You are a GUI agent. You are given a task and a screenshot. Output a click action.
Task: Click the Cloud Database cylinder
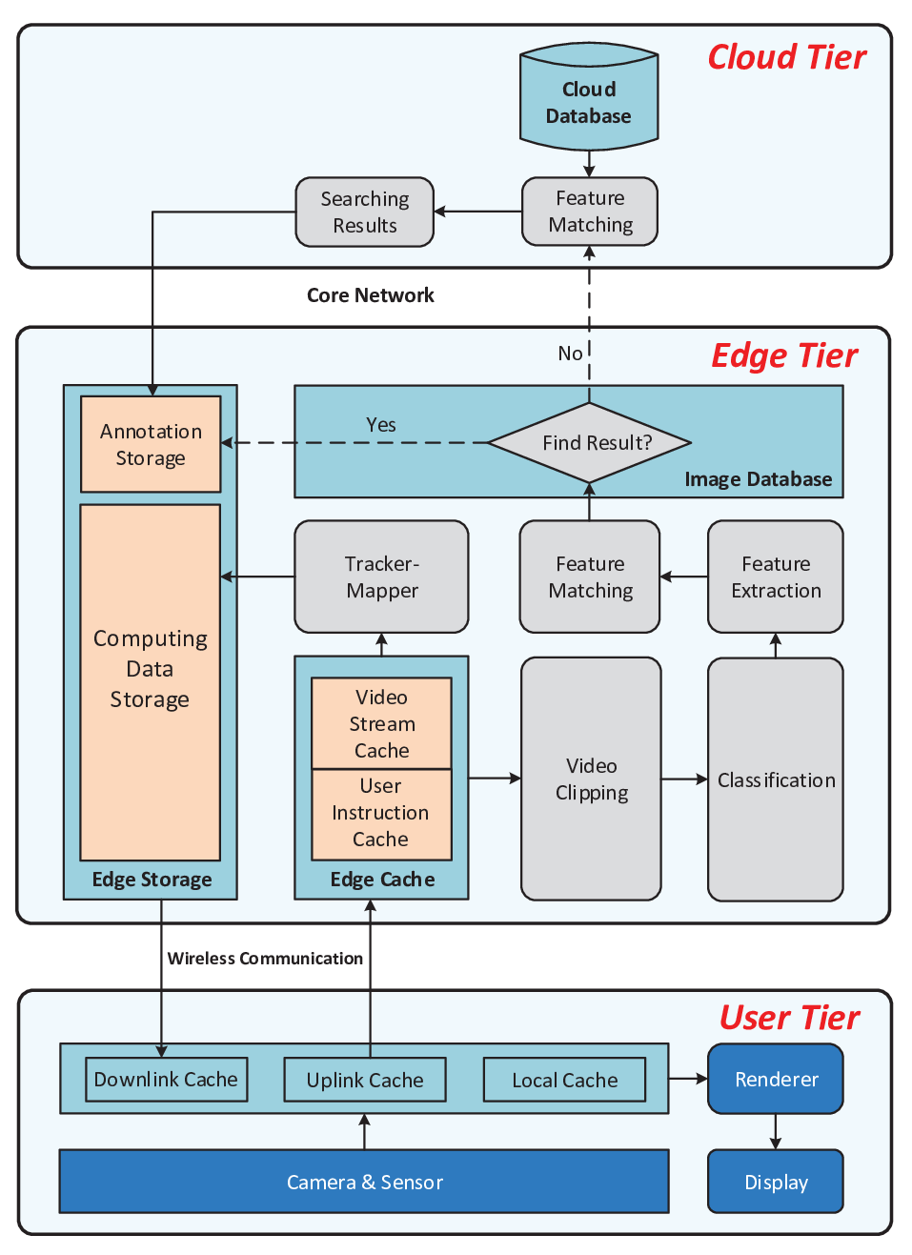(589, 96)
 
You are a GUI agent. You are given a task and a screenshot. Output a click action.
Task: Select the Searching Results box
(365, 212)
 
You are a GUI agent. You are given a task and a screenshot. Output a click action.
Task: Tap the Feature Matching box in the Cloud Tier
(589, 212)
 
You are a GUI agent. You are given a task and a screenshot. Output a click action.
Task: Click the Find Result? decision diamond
(589, 442)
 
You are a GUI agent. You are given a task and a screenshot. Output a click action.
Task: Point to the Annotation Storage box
(151, 444)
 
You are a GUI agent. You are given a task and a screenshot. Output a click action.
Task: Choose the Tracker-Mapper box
(381, 577)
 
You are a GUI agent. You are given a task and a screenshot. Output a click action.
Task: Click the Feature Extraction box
(776, 577)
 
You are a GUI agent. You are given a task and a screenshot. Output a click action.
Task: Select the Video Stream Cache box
(381, 723)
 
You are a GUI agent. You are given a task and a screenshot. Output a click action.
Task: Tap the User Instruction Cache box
(381, 814)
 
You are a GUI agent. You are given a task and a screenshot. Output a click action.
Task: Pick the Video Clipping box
(591, 779)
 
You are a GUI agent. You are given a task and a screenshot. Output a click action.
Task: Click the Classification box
(776, 779)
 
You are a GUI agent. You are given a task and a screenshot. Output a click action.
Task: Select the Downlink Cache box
(167, 1079)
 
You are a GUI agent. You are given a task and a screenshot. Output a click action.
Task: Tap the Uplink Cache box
(365, 1080)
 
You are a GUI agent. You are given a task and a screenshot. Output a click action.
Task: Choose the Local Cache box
(565, 1080)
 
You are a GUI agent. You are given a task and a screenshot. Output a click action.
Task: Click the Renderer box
(776, 1079)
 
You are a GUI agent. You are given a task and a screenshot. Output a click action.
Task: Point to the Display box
(776, 1182)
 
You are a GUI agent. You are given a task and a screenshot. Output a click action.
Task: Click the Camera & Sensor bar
(364, 1181)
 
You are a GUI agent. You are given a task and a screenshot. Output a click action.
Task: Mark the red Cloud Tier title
(786, 57)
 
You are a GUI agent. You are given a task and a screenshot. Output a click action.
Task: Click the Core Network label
(371, 295)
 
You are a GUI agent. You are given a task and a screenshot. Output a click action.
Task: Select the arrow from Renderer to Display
(776, 1132)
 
